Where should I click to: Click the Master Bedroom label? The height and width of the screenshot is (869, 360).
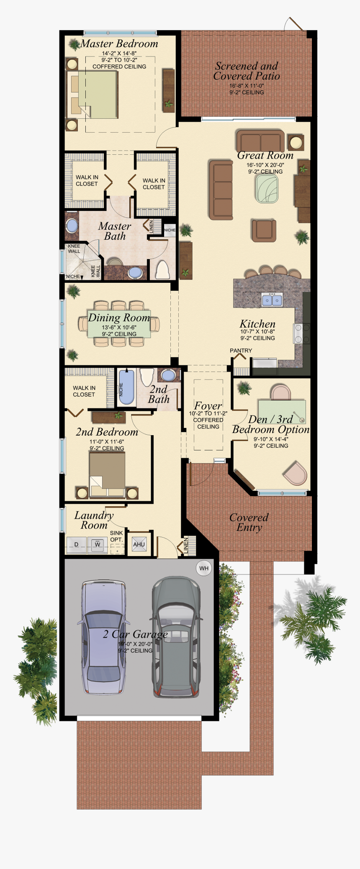tap(119, 44)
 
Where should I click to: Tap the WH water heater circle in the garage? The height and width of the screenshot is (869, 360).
tap(204, 568)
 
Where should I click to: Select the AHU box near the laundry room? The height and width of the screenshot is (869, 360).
tap(139, 544)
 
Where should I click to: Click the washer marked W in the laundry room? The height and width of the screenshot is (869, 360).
tap(98, 545)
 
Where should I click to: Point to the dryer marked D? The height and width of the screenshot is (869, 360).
tap(76, 545)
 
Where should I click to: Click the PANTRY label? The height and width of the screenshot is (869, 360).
tap(241, 351)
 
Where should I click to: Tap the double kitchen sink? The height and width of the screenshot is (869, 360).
tap(272, 300)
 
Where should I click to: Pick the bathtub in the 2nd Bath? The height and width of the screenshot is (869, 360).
tap(126, 387)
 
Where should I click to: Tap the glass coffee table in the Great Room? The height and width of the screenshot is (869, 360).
tap(266, 188)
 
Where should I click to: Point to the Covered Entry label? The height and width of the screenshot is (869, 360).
tap(249, 522)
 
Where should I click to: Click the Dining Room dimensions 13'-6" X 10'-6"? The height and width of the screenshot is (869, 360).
tap(119, 328)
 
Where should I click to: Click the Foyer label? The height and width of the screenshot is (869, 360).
tap(208, 406)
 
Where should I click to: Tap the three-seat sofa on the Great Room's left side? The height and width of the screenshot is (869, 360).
tap(221, 190)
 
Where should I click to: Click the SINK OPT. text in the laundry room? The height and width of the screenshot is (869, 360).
tap(116, 536)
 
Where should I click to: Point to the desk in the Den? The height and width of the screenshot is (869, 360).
tap(281, 412)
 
